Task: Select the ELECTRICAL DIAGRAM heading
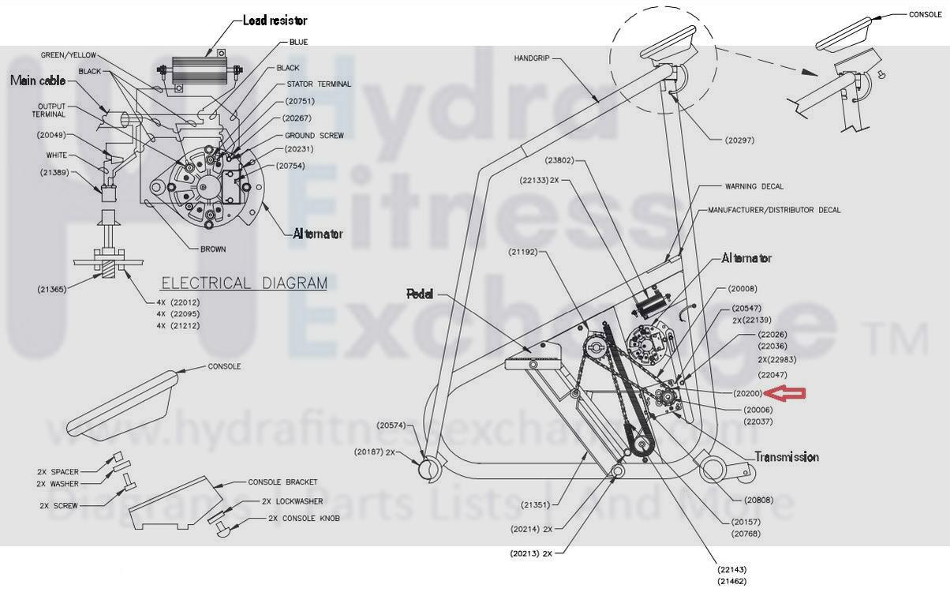pyautogui.click(x=244, y=283)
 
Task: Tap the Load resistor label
pyautogui.click(x=275, y=21)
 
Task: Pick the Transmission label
pyautogui.click(x=786, y=457)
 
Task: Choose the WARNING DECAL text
pyautogui.click(x=754, y=187)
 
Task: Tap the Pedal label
pyautogui.click(x=420, y=293)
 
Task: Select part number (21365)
pyautogui.click(x=52, y=290)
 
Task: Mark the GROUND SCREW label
pyautogui.click(x=314, y=136)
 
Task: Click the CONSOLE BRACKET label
pyautogui.click(x=282, y=482)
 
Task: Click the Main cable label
pyautogui.click(x=39, y=81)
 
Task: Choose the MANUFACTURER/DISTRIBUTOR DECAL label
pyautogui.click(x=774, y=210)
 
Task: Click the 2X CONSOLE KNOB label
pyautogui.click(x=304, y=519)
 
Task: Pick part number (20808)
pyautogui.click(x=758, y=500)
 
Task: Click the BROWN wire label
pyautogui.click(x=213, y=249)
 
